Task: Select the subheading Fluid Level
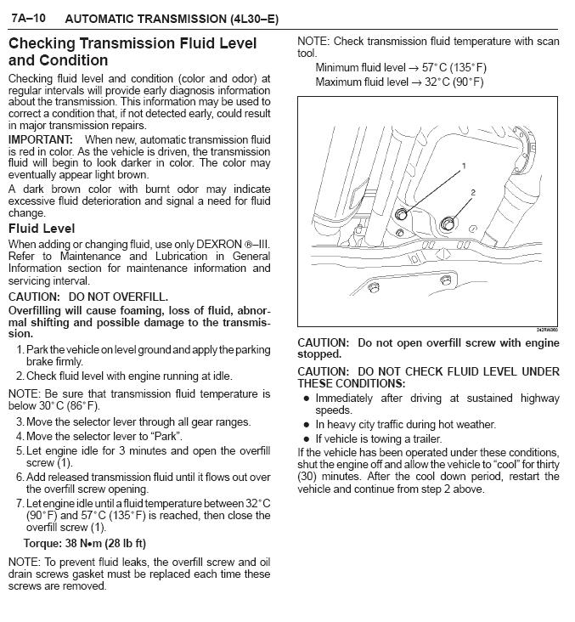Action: [42, 229]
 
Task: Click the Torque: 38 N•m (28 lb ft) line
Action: [85, 543]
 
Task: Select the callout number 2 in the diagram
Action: [474, 194]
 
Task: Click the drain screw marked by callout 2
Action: [448, 225]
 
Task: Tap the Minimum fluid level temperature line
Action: [401, 67]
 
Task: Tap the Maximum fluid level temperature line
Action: [399, 82]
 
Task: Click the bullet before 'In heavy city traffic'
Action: [307, 424]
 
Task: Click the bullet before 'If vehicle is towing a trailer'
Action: [307, 438]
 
